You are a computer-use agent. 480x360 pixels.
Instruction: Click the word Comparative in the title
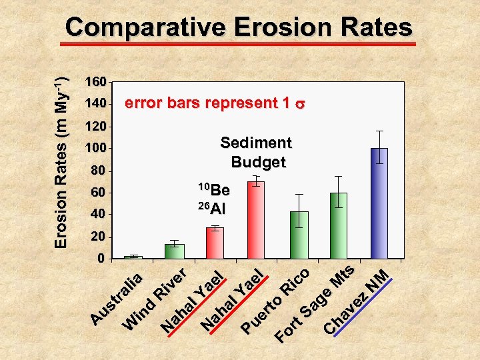145,28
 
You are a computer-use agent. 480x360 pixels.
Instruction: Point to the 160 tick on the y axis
95,82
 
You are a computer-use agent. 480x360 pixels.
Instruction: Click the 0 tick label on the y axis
101,258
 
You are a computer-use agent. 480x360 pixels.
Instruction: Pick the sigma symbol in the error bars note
301,105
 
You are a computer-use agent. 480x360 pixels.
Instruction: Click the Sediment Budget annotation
257,152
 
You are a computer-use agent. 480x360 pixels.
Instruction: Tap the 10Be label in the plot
214,189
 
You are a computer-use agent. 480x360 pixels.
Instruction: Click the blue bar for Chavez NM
379,203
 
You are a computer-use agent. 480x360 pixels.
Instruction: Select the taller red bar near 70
256,219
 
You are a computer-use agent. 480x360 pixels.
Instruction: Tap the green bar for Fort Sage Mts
339,225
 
